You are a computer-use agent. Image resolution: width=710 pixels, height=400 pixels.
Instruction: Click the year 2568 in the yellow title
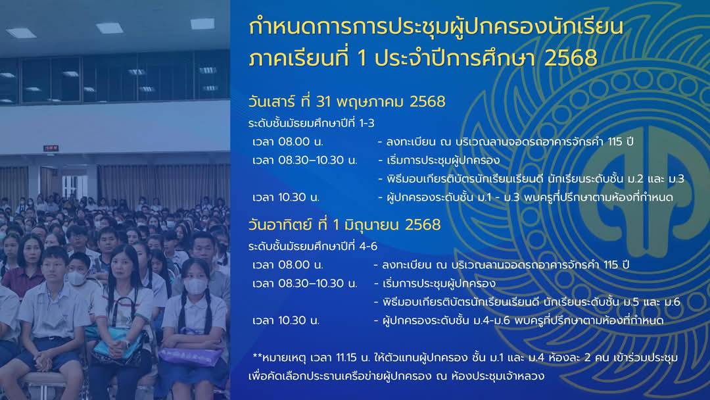coord(571,57)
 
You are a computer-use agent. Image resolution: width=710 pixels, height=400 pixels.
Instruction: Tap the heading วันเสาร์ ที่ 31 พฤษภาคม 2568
coord(347,101)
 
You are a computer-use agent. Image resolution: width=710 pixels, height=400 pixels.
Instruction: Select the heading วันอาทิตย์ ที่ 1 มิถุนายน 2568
coord(344,225)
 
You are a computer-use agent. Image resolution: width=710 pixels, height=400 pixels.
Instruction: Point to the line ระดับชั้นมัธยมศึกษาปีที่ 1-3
coord(311,123)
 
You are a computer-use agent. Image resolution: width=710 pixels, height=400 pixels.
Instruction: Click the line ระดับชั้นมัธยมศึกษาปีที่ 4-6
coord(312,247)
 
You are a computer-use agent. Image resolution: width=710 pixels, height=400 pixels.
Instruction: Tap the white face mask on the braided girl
coord(196,286)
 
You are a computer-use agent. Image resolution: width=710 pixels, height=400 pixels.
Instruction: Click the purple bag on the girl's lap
coord(190,356)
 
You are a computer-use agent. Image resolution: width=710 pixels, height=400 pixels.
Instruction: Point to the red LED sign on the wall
coord(51,148)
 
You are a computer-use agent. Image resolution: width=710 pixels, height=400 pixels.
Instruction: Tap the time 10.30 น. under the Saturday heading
coord(286,197)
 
